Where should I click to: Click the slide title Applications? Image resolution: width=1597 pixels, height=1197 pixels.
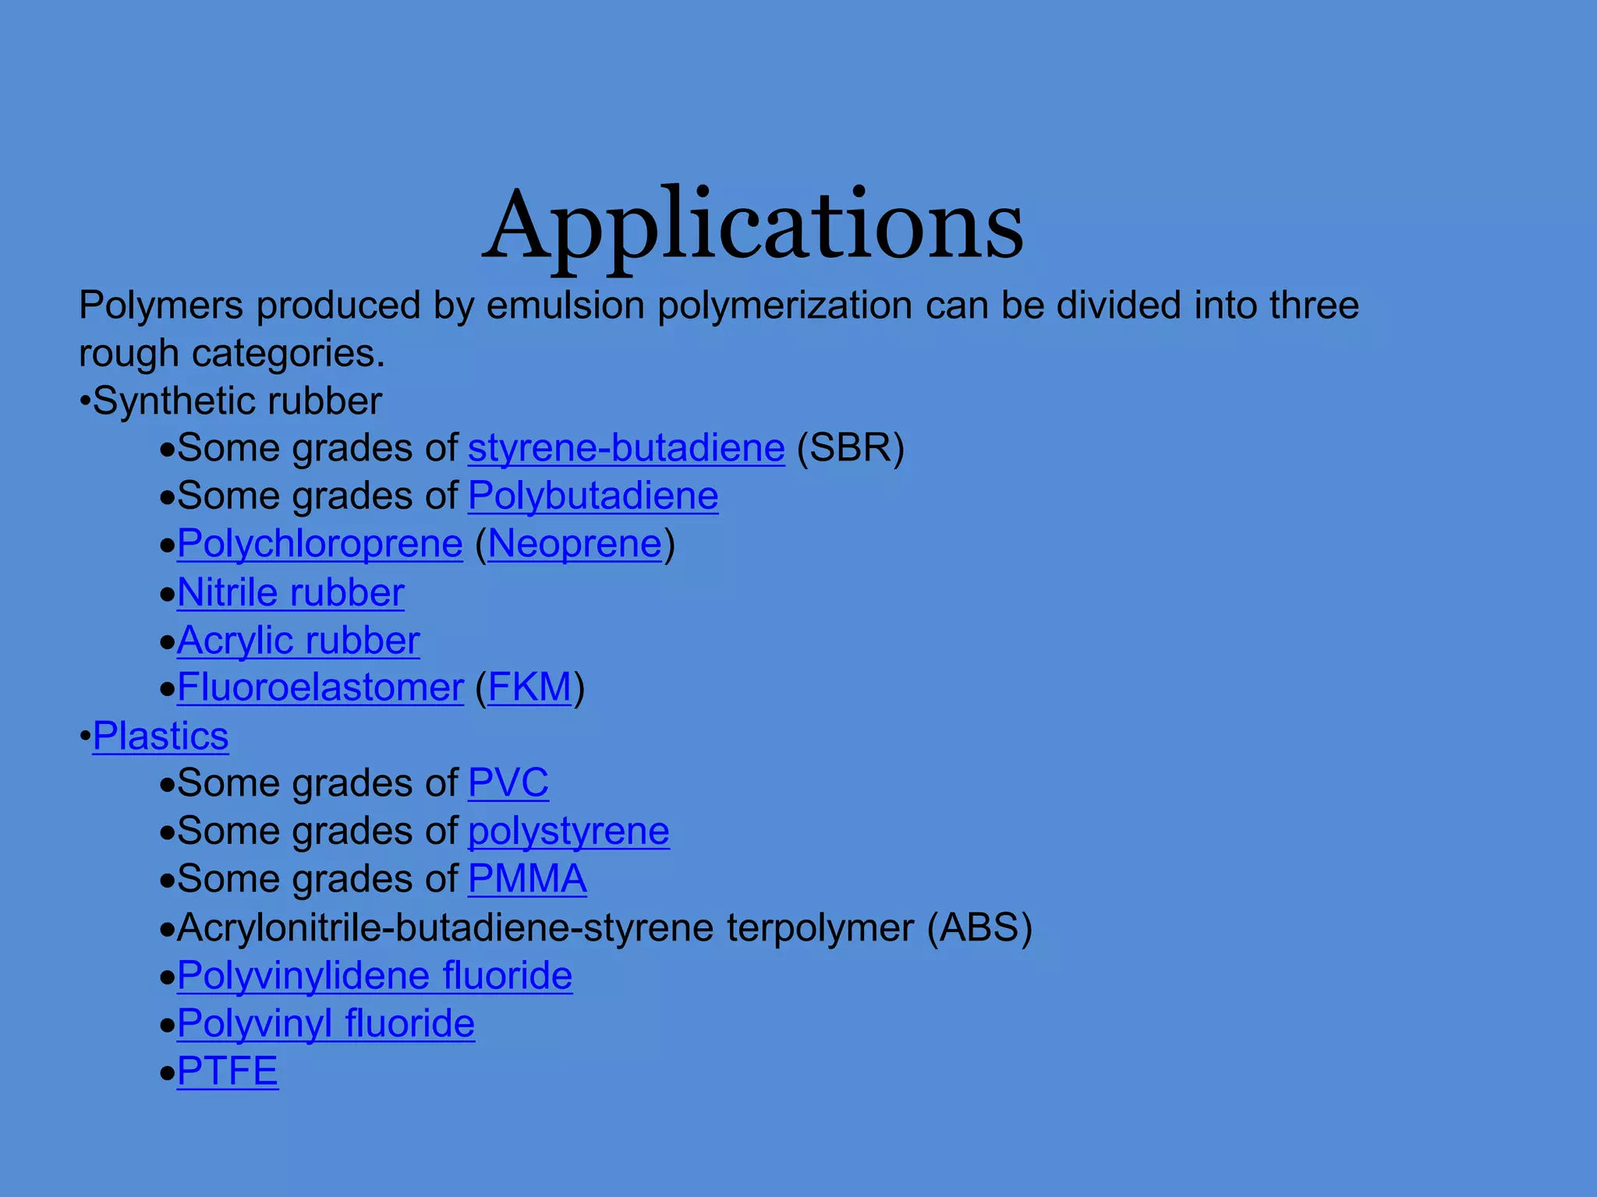752,226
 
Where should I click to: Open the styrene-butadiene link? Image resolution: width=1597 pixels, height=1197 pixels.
626,449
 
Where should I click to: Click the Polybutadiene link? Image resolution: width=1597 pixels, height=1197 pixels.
593,496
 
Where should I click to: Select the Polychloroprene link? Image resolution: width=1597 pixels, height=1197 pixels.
320,544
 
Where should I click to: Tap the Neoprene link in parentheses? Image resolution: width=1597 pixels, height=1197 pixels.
575,544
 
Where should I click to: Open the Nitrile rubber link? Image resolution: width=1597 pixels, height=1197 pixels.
290,593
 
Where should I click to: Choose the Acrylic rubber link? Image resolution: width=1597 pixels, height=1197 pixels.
298,641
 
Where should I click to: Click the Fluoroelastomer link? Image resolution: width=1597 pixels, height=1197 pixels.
320,688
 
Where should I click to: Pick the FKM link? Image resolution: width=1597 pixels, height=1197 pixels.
529,688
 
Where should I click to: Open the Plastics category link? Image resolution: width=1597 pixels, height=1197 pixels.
161,736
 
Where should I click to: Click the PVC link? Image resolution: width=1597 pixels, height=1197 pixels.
508,783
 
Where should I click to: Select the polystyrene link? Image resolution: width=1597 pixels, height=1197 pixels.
568,832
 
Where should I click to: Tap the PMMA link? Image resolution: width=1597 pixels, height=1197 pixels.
527,879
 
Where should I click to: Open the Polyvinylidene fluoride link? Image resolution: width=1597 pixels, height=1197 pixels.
374,976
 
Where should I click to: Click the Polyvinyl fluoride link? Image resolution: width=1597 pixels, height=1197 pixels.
325,1024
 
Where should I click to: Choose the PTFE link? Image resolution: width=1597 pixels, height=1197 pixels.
227,1072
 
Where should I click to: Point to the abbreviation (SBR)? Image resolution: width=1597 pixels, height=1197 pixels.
851,449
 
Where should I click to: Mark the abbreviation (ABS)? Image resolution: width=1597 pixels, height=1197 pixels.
979,928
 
